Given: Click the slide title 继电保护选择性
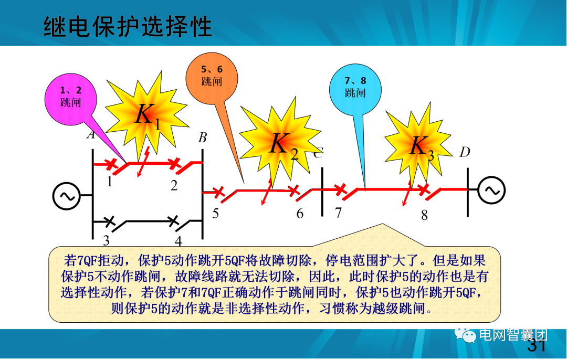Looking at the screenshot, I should click(128, 26).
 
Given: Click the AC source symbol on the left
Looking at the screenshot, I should click(66, 196).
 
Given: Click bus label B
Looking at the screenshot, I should click(202, 139).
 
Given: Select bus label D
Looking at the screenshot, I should click(465, 153).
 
